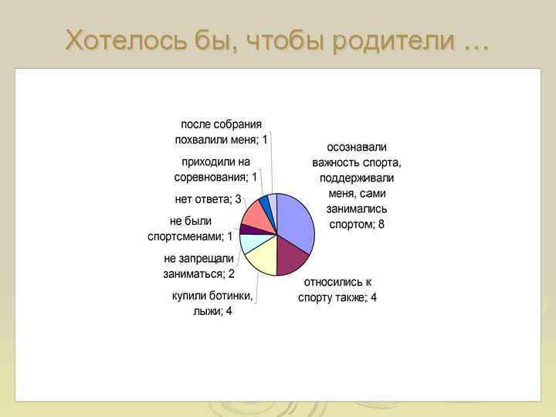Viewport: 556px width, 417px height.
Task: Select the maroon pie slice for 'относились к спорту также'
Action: [290, 257]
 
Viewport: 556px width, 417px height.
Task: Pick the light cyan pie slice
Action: [250, 242]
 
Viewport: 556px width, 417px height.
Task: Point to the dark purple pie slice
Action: [246, 229]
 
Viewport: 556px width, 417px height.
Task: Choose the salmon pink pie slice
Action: [255, 213]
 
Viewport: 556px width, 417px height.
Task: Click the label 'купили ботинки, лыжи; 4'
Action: [212, 303]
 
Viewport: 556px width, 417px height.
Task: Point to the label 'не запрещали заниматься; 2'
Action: [198, 266]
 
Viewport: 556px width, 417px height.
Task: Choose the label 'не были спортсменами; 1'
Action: [190, 229]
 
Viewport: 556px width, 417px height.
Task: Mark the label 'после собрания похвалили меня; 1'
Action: [221, 132]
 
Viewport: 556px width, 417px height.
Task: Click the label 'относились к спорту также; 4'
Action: [337, 290]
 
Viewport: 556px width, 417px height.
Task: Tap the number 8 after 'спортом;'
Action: [381, 225]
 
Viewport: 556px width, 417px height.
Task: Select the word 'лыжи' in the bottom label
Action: [206, 311]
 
